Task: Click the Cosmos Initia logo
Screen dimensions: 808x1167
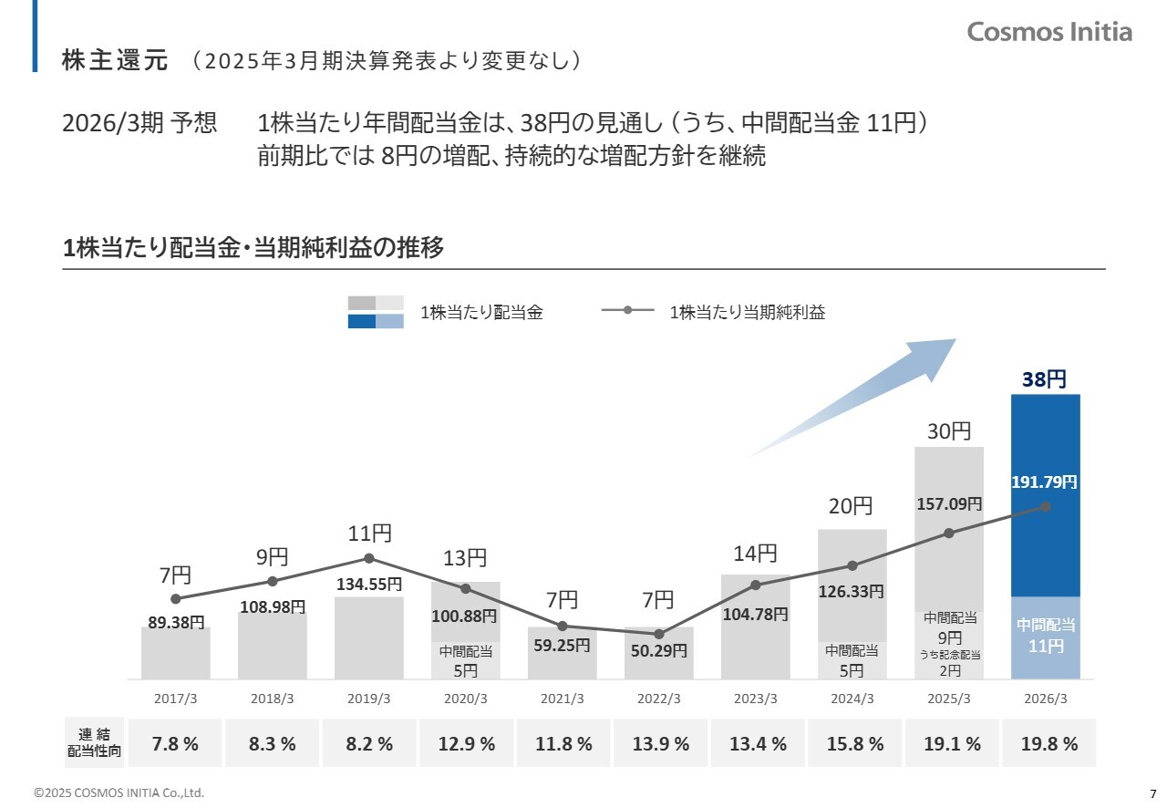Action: coord(1049,32)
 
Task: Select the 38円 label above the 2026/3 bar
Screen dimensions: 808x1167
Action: coord(1044,379)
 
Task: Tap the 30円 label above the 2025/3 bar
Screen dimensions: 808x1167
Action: coord(949,431)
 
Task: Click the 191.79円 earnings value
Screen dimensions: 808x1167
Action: coord(1045,481)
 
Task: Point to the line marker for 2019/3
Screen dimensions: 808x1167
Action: coord(369,558)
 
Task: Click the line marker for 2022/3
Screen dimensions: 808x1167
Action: coord(659,634)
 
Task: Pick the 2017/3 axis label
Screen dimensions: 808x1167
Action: coord(176,699)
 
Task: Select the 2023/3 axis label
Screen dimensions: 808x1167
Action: coord(756,699)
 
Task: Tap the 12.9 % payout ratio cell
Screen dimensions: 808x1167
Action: coord(466,743)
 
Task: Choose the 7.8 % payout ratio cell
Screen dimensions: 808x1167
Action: coord(175,743)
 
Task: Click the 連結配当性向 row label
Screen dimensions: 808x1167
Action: coord(94,743)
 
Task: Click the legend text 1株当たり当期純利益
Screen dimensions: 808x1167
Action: coord(747,312)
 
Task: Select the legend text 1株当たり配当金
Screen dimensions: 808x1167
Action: coord(481,312)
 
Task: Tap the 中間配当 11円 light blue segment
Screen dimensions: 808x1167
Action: coord(1046,637)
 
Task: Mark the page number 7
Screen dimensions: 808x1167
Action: coord(1152,792)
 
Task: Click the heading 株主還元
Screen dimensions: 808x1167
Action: coord(115,60)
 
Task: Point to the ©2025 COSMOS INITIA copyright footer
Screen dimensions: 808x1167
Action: coord(119,793)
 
